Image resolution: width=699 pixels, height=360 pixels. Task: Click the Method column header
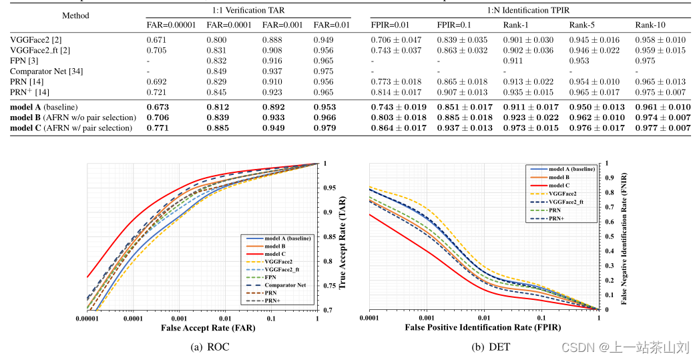[75, 15]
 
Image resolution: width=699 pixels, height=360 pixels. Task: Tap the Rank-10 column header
[650, 25]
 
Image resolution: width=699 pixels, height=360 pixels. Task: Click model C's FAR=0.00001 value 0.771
[158, 128]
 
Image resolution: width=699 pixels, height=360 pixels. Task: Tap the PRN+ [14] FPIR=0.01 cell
[395, 92]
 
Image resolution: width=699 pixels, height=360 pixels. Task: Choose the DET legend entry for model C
[559, 185]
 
